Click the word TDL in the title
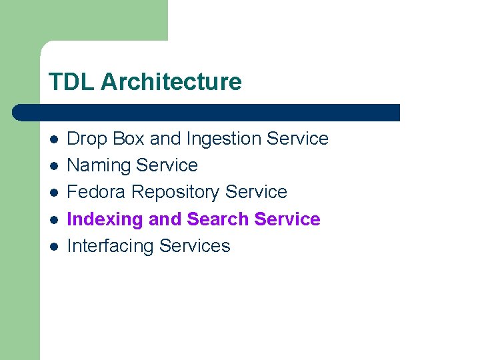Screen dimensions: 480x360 [71, 82]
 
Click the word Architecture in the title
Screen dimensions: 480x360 [171, 82]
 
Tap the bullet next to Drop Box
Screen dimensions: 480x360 [54, 139]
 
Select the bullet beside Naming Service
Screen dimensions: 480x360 [54, 165]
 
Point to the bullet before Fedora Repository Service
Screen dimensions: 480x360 [54, 192]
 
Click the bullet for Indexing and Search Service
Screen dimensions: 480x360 [54, 219]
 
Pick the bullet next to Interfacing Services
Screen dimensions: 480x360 [54, 246]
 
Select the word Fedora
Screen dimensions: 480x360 [97, 192]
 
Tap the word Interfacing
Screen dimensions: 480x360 [111, 246]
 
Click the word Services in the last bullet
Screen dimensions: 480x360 [195, 246]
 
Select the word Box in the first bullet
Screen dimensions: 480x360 [129, 139]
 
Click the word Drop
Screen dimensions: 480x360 [87, 139]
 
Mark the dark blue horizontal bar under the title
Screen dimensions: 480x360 [207, 113]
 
